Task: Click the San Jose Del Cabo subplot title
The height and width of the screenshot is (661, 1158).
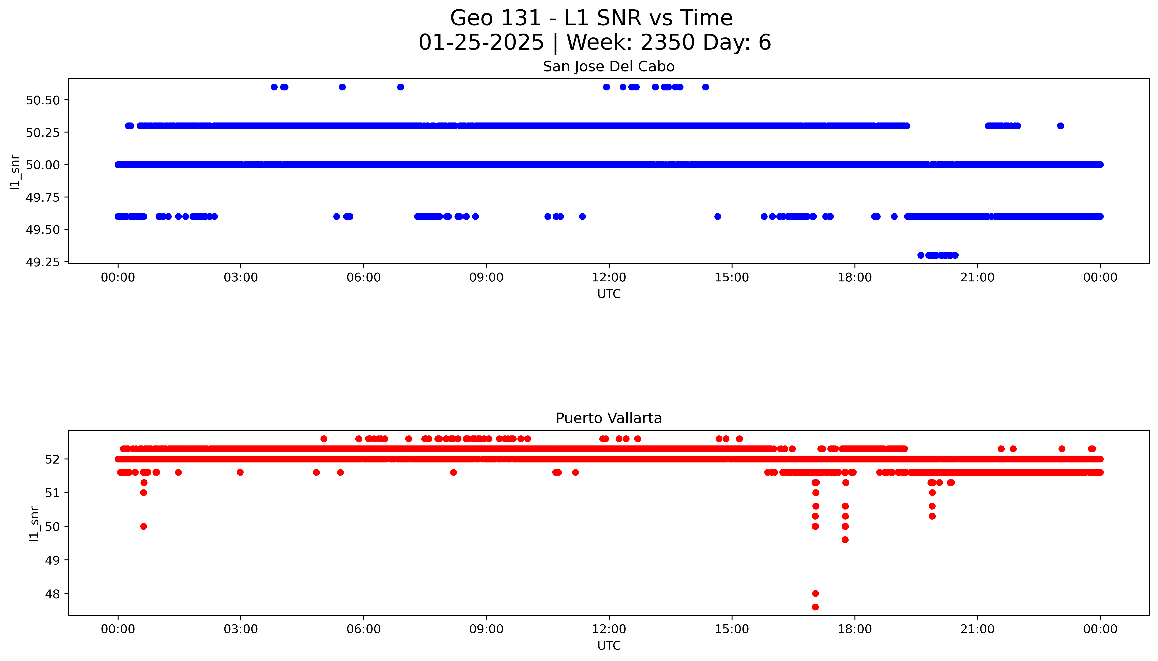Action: point(609,67)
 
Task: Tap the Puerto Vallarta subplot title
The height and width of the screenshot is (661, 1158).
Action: point(609,418)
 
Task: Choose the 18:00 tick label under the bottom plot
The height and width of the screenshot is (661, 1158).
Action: point(855,629)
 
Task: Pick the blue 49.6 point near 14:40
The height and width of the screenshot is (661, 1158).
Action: point(717,217)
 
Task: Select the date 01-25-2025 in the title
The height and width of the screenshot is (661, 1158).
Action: point(481,43)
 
